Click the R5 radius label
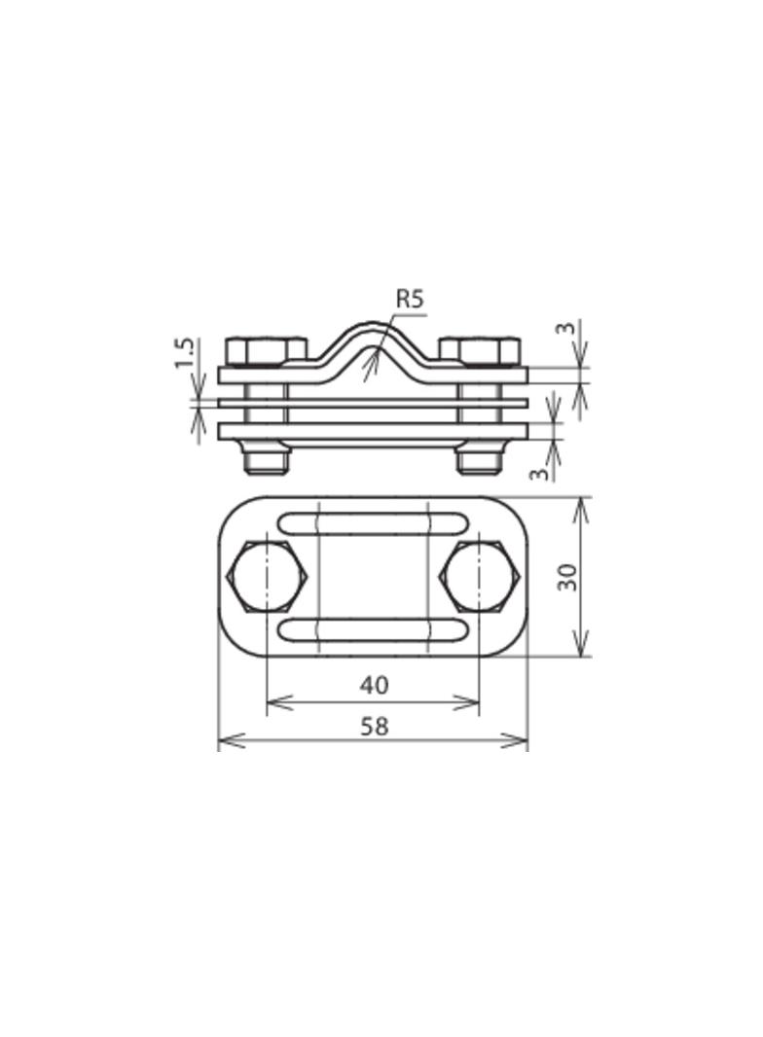click(411, 299)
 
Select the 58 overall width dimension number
click(374, 726)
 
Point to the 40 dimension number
click(374, 685)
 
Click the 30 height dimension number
click(568, 576)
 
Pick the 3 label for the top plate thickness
click(564, 329)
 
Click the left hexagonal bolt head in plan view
click(267, 576)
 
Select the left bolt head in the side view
click(265, 350)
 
